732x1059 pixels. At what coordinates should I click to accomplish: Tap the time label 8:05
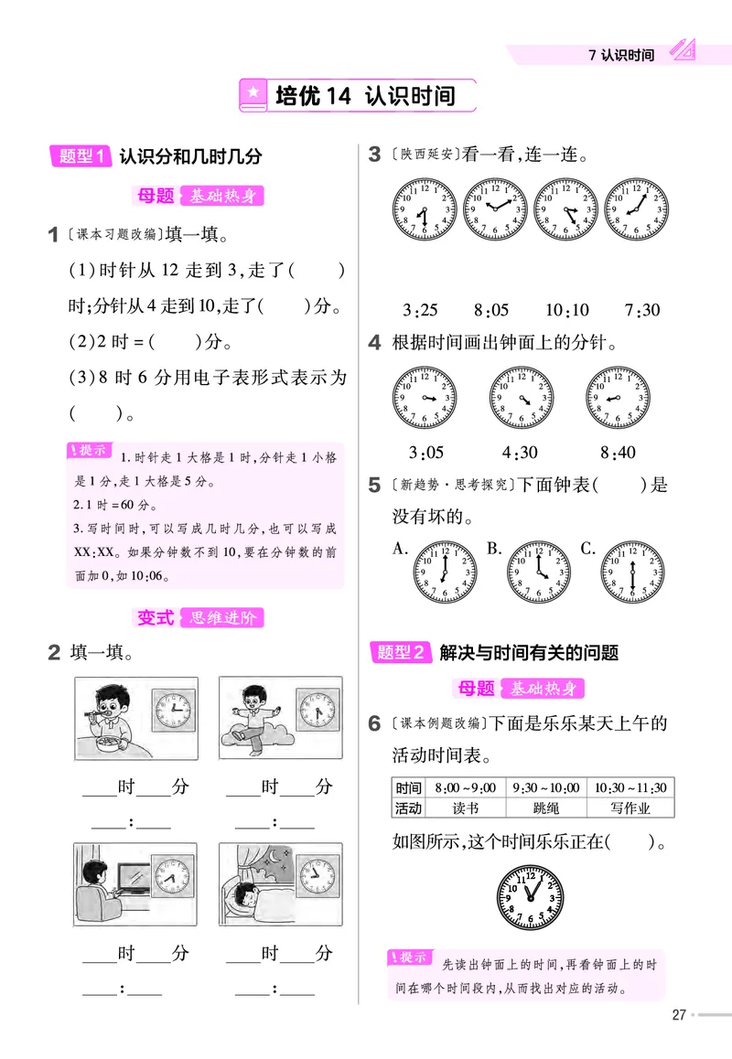(x=492, y=310)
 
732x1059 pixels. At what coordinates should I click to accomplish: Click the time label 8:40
(x=618, y=452)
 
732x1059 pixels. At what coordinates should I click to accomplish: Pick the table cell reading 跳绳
(x=545, y=808)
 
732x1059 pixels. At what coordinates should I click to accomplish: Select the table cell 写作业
(x=630, y=808)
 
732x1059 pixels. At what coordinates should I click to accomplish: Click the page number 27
(x=679, y=1014)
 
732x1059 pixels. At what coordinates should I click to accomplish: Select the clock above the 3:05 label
(x=425, y=400)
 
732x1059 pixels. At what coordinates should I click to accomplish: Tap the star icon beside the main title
(x=253, y=94)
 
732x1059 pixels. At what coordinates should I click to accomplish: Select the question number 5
(x=374, y=486)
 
